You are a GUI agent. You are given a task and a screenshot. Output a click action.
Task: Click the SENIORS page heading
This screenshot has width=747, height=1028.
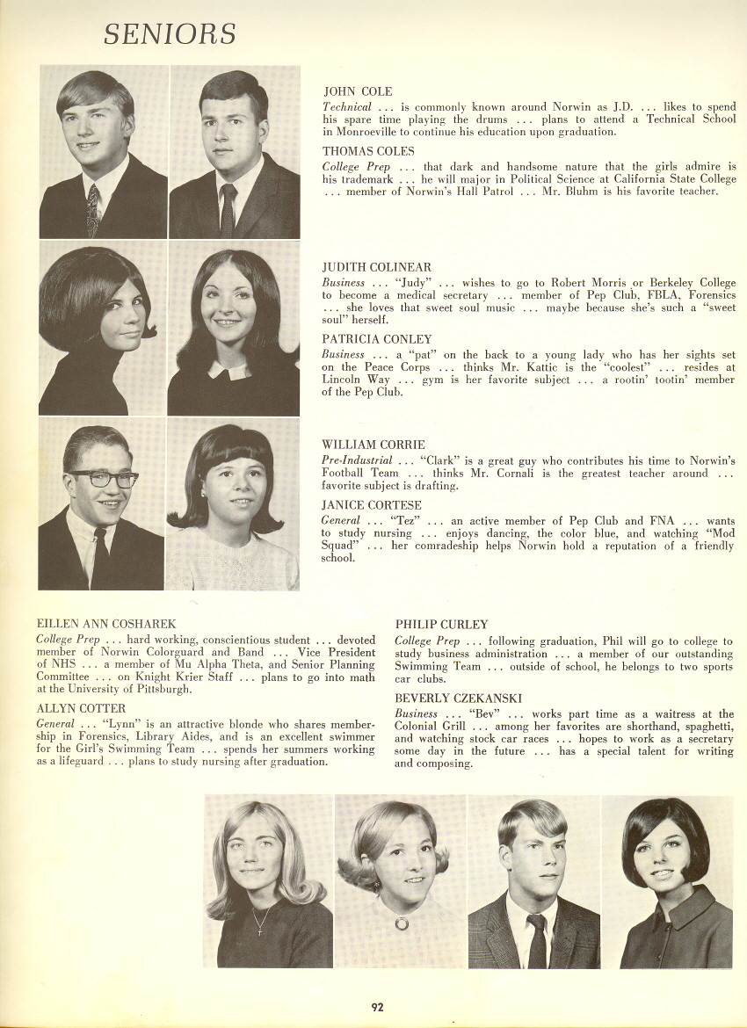(x=170, y=34)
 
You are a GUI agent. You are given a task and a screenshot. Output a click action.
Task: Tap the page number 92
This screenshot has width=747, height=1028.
(x=377, y=1007)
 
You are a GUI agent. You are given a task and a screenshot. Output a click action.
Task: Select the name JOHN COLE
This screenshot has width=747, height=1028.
(x=358, y=91)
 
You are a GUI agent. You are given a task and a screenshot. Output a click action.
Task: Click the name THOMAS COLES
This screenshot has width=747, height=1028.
(x=368, y=151)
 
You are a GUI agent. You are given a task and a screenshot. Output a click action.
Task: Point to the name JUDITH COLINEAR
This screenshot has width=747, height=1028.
(x=377, y=267)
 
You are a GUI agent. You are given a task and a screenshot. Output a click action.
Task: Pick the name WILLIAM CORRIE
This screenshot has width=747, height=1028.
(x=373, y=445)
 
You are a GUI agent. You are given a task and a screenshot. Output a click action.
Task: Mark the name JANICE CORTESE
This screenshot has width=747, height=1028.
(x=372, y=505)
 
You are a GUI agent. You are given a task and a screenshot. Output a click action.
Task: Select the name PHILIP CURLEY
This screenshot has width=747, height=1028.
(x=441, y=625)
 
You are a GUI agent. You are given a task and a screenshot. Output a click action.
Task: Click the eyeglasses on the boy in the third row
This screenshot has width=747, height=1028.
(x=104, y=479)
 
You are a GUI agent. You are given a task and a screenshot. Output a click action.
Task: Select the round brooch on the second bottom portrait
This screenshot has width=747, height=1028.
(x=402, y=923)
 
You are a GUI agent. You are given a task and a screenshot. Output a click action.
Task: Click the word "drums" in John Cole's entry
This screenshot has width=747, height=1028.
(x=510, y=119)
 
